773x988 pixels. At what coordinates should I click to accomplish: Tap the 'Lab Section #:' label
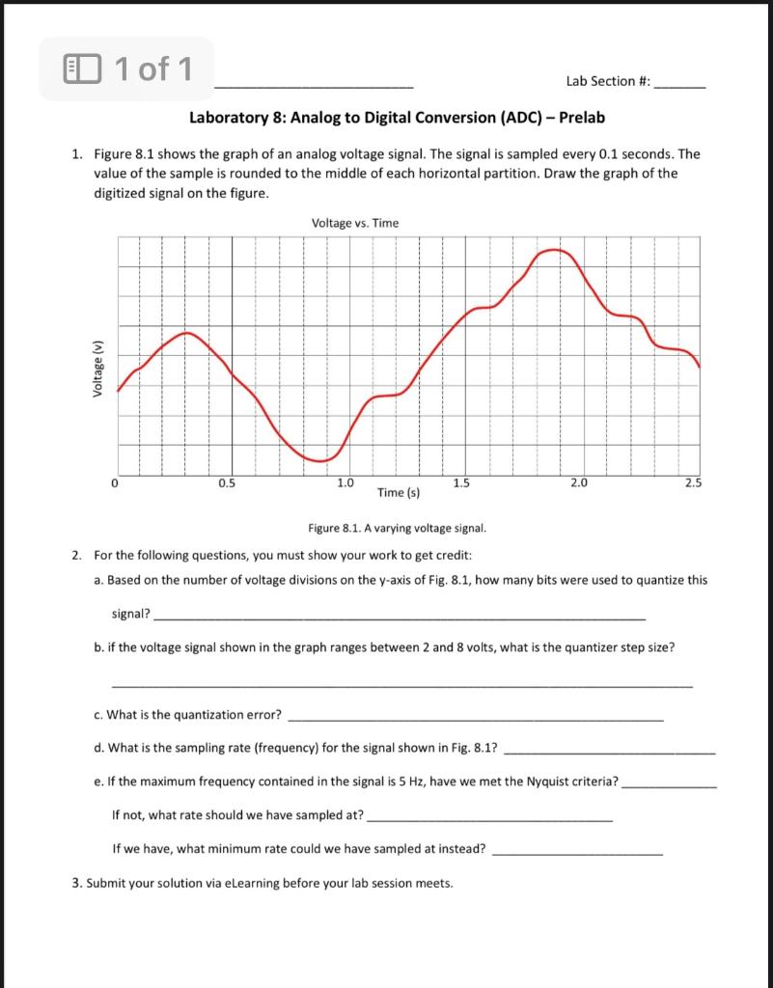coord(608,82)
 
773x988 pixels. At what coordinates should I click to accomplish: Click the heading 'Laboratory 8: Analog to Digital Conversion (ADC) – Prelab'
coord(398,118)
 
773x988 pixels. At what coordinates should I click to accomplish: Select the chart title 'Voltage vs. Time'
coord(355,223)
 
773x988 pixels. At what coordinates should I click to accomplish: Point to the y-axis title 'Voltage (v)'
coord(97,370)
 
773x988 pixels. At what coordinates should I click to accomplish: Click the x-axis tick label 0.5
coord(225,482)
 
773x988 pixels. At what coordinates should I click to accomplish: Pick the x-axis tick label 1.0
coord(345,482)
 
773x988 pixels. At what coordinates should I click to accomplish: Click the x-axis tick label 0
coord(114,482)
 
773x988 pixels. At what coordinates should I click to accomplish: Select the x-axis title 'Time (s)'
coord(398,492)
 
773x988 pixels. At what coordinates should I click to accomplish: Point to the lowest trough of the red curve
coord(318,460)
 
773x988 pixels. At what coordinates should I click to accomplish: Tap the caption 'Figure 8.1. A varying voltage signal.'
coord(397,529)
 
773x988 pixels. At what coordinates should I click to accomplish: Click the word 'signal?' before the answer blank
coord(131,614)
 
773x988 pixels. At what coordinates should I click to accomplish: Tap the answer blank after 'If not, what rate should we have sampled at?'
coord(490,819)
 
